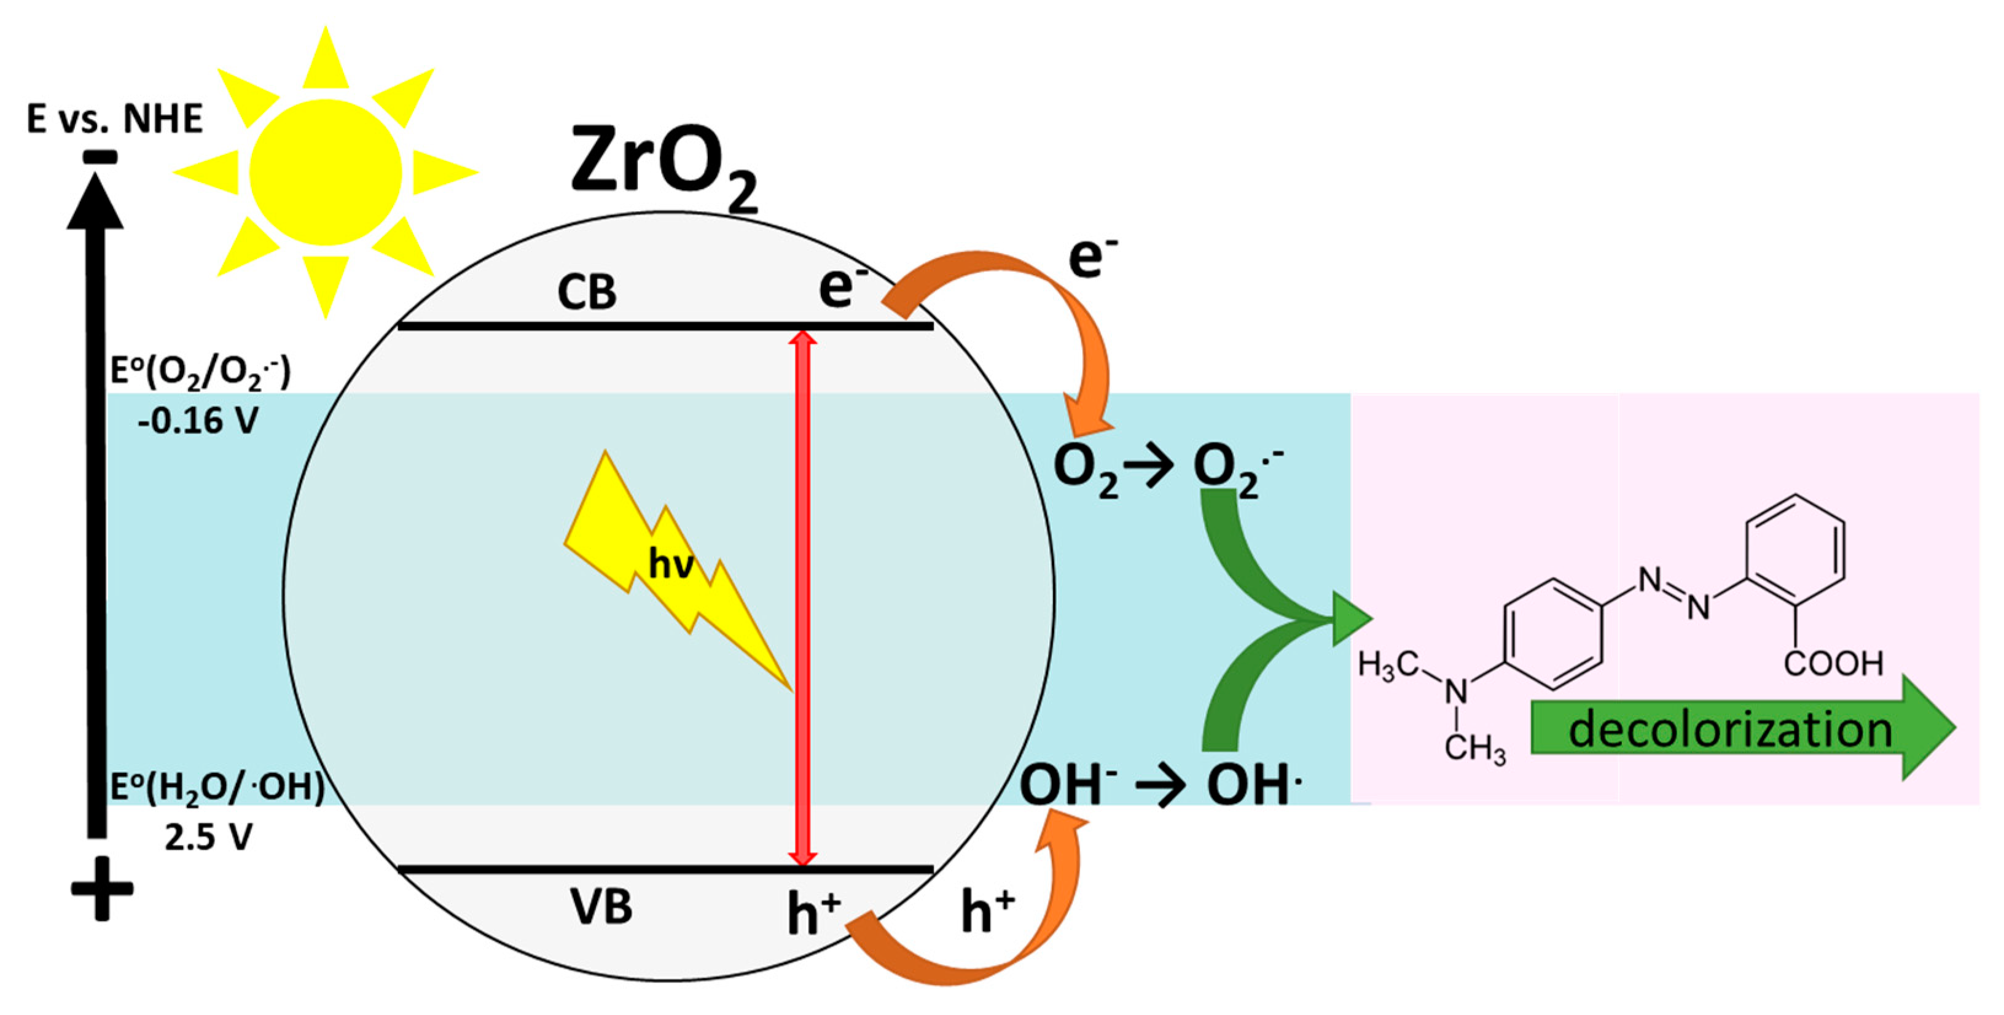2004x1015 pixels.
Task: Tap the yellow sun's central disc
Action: coord(325,173)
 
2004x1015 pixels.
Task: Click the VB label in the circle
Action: coord(601,907)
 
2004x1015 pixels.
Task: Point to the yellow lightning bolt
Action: coord(669,568)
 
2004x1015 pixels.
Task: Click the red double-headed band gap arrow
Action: coord(802,599)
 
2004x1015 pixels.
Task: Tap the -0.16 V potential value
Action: coord(198,421)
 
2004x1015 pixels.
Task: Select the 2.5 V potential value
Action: coord(208,837)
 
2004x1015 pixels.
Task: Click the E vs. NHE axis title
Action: coord(114,119)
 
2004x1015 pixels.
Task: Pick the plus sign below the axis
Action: coord(102,889)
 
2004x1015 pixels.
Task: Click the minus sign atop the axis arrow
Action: coord(100,157)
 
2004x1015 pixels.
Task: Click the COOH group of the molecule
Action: coord(1833,663)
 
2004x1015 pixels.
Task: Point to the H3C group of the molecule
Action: coord(1388,666)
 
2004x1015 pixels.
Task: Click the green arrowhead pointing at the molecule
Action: coord(1350,619)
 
